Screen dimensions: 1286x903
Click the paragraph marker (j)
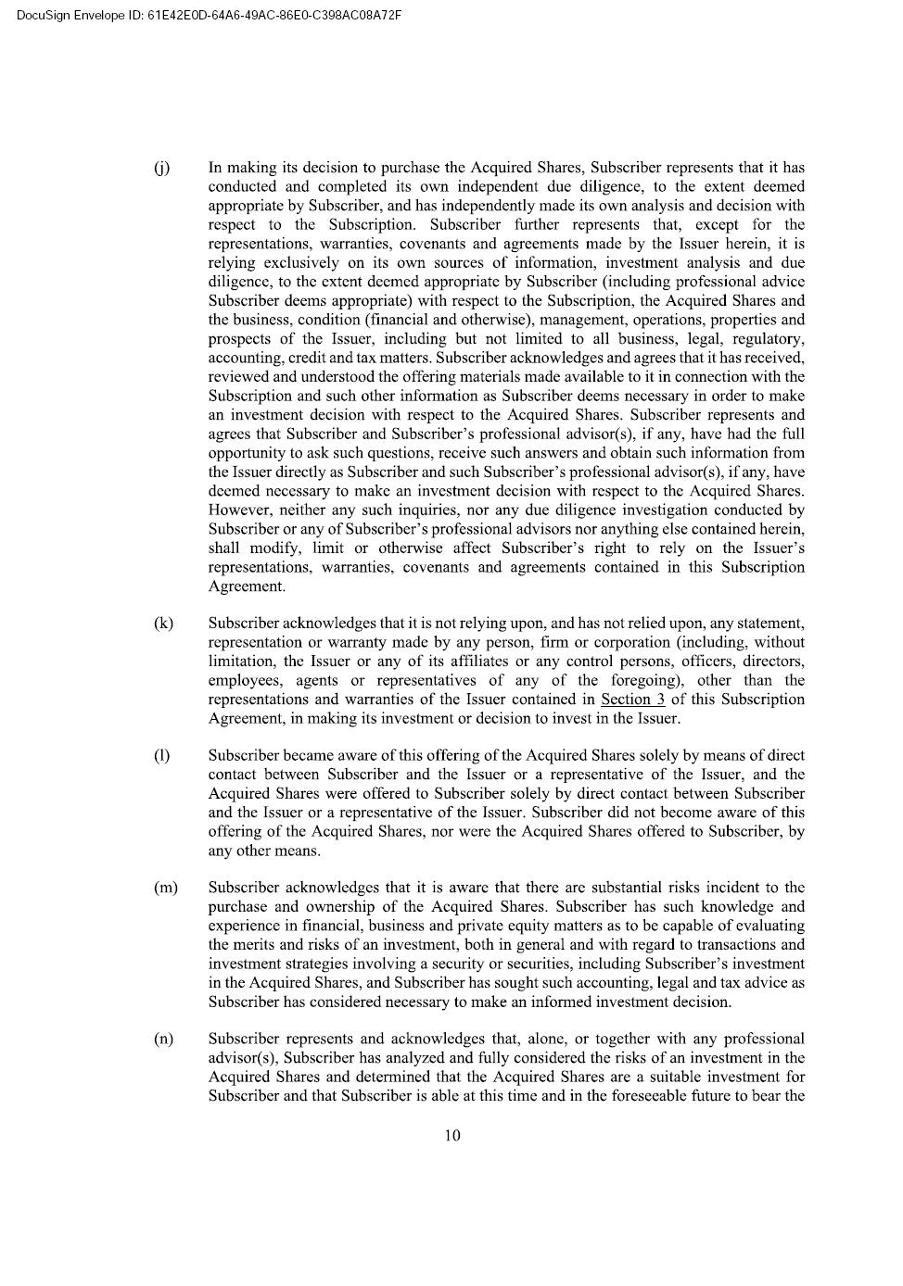point(161,168)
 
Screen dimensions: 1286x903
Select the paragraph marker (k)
point(163,624)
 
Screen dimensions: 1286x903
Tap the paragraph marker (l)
point(162,755)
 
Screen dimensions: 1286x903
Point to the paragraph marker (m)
point(165,888)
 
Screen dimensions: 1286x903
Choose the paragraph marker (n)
point(163,1039)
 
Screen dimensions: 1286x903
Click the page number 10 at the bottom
point(452,1136)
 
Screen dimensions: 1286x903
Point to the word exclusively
point(289,262)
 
